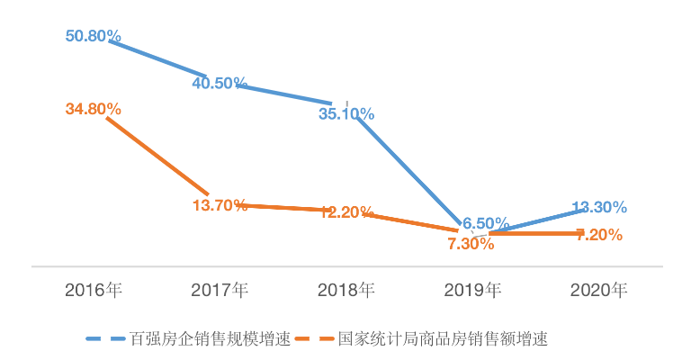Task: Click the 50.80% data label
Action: pos(94,37)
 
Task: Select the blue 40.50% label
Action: pos(220,83)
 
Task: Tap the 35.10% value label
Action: pos(346,113)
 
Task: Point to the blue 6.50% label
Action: pos(486,222)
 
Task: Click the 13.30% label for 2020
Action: pos(599,207)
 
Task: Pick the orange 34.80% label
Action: pos(94,109)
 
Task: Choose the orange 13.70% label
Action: pos(220,204)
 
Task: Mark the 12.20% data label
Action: pos(346,212)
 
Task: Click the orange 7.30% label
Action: pos(471,243)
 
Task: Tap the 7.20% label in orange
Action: pos(599,235)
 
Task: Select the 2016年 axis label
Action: pos(94,290)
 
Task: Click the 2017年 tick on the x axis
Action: pos(220,290)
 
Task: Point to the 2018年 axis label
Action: pos(346,290)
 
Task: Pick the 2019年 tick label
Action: pos(472,290)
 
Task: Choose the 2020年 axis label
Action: pos(599,290)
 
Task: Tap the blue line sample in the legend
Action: pos(106,339)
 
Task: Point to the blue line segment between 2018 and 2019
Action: pos(414,171)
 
